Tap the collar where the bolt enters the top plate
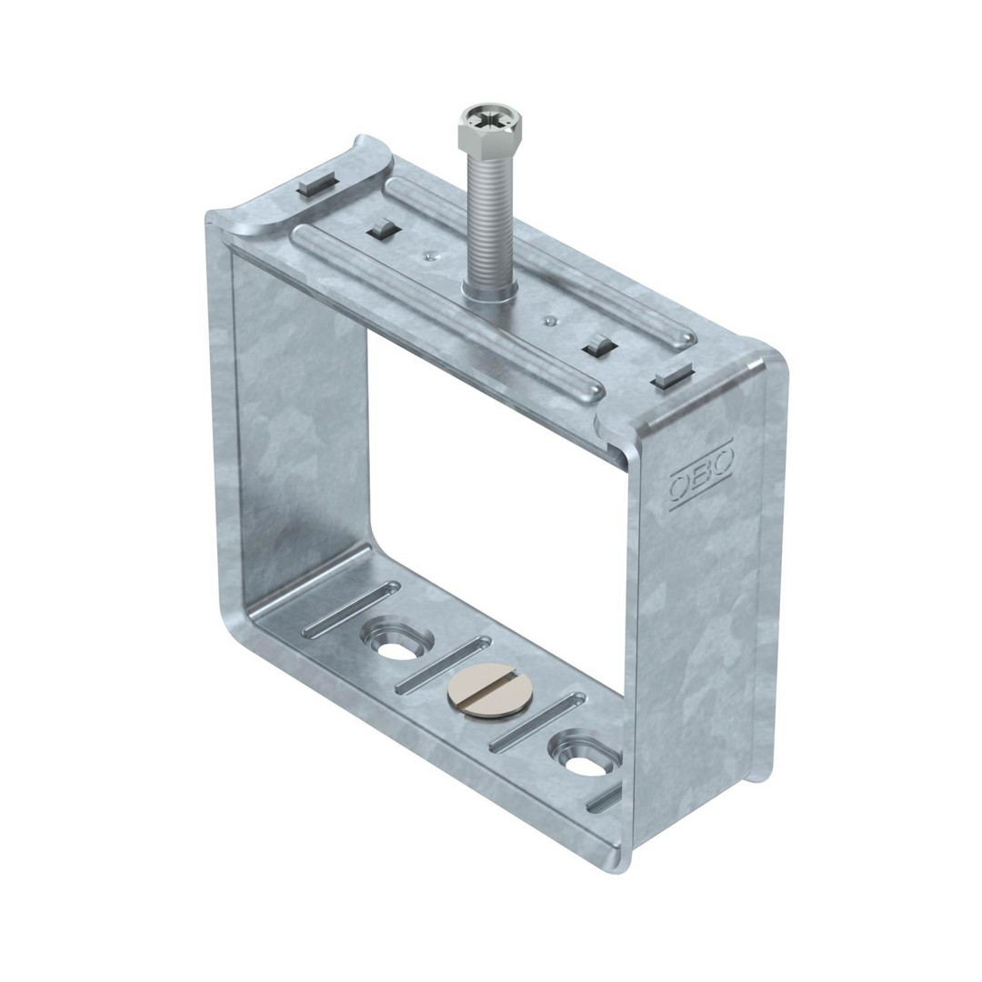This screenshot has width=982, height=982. coord(490,292)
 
